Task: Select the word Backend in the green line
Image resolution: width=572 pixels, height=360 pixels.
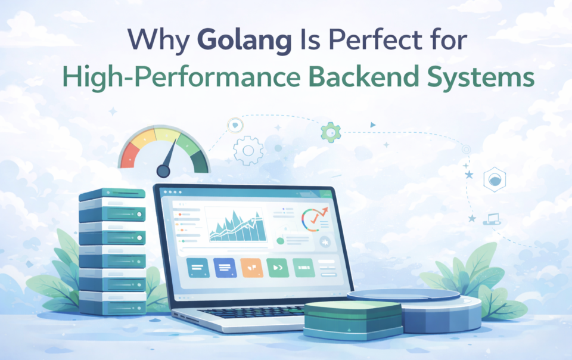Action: point(374,79)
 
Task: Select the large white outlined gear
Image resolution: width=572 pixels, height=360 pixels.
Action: point(248,150)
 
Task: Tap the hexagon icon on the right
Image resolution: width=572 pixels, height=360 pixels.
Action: point(494,179)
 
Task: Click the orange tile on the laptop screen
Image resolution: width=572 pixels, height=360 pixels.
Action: point(251,268)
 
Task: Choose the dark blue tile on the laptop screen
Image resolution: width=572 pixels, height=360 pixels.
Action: point(225,268)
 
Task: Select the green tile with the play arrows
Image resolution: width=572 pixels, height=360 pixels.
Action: point(278,268)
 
